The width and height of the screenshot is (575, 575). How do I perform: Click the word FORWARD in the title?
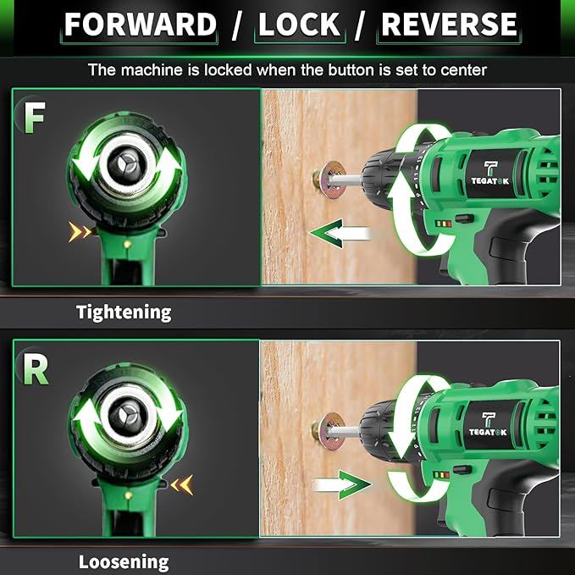141,25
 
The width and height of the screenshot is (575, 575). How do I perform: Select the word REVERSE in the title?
449,25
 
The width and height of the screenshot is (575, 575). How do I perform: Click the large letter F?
33,119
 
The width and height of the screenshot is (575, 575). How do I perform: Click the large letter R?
35,369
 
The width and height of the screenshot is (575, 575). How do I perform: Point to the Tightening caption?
124,312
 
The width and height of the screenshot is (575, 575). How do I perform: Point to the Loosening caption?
124,561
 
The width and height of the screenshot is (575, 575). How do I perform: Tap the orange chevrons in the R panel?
182,484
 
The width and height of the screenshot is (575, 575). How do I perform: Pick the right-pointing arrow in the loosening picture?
342,485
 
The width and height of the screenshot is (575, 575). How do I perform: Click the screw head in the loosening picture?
325,429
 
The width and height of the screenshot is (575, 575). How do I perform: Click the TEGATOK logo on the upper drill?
490,174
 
